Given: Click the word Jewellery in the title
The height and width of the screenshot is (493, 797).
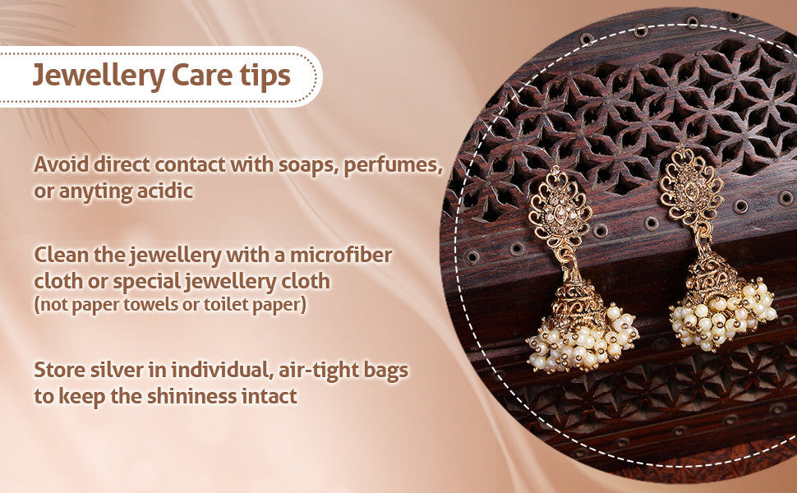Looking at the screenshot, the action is (99, 76).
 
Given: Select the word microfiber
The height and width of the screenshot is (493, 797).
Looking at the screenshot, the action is (341, 254).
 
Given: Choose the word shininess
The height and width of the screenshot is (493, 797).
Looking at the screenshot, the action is (192, 396).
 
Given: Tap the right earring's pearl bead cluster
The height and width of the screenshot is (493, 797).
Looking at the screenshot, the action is (723, 316).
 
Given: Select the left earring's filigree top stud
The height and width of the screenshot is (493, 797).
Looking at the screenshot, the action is (560, 209).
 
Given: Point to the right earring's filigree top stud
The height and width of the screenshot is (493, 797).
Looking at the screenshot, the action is (691, 187).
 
